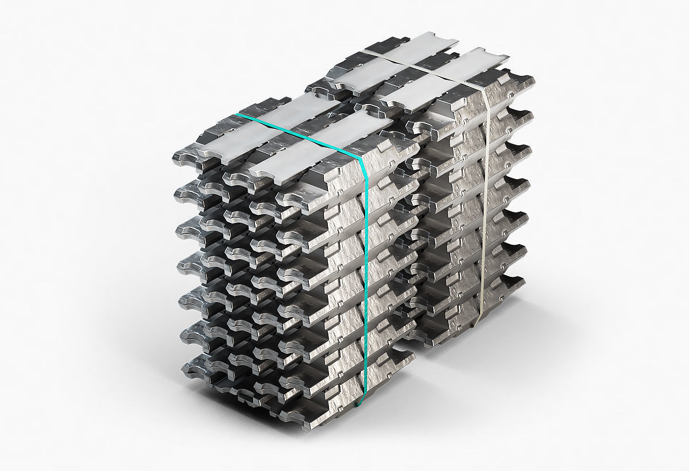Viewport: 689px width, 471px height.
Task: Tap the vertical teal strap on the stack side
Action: [x=363, y=276]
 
